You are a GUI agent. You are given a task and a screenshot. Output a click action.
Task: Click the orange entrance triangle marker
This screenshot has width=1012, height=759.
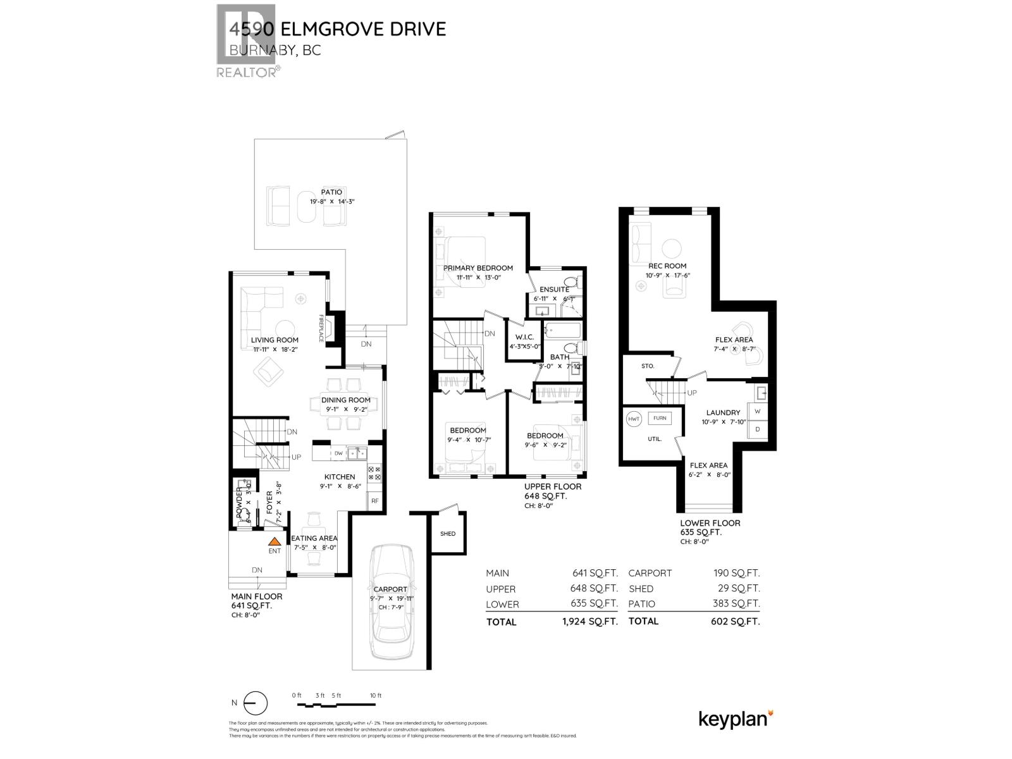(x=274, y=541)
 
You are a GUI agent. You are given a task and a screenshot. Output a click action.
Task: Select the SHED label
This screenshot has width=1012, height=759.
(x=448, y=534)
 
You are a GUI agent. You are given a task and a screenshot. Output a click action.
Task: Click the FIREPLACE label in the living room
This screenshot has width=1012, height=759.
(x=321, y=329)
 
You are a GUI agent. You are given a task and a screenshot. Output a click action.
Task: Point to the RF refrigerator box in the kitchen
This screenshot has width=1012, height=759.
(x=374, y=501)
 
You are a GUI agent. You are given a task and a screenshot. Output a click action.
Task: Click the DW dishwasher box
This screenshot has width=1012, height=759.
(x=338, y=454)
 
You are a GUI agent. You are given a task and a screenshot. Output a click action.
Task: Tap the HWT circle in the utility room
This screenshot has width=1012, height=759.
(x=634, y=419)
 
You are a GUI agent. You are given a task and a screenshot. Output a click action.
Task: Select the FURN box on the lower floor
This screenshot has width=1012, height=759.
(x=660, y=418)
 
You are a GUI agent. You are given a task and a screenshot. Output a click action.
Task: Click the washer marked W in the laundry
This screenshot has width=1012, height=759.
(x=758, y=410)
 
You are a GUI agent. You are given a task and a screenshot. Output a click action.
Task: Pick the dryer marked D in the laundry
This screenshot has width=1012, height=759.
(x=758, y=429)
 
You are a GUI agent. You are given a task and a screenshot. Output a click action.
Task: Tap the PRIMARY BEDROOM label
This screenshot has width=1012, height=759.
(x=478, y=268)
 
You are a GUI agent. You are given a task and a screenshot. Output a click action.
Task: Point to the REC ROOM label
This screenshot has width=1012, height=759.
(x=667, y=266)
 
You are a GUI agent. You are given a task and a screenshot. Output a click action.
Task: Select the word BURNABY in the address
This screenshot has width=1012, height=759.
(x=257, y=51)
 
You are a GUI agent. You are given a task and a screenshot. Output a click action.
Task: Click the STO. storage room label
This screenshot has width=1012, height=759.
(x=647, y=366)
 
